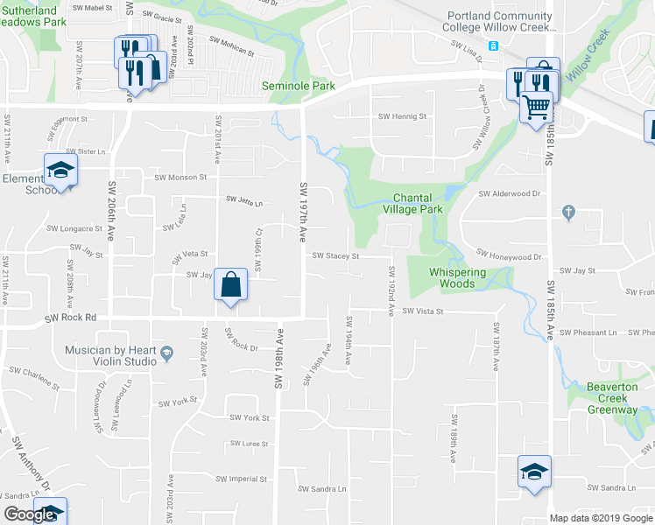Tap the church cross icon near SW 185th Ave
click(568, 212)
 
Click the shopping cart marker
click(536, 108)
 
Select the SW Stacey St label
click(336, 256)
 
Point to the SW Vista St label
click(424, 311)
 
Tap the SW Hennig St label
click(402, 116)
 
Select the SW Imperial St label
click(243, 479)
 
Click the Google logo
click(30, 514)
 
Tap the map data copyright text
click(601, 518)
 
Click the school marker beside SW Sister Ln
click(60, 170)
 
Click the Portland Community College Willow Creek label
click(500, 21)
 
